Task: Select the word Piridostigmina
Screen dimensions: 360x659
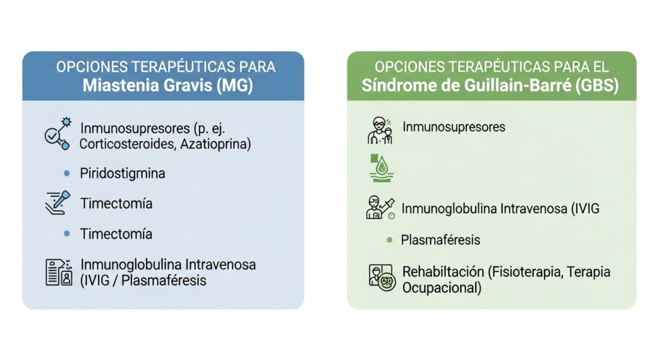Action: [x=122, y=173]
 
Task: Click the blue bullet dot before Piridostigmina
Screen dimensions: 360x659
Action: [x=66, y=173]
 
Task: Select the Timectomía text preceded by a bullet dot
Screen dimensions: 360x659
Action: [x=116, y=234]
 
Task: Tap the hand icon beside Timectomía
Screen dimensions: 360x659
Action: [x=56, y=203]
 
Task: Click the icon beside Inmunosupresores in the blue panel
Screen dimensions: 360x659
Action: [x=56, y=134]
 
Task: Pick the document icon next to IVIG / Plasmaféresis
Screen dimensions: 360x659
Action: [x=57, y=272]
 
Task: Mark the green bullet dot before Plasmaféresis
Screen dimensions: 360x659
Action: [x=389, y=240]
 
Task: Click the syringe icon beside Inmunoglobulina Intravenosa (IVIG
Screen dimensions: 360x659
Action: [x=380, y=208]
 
